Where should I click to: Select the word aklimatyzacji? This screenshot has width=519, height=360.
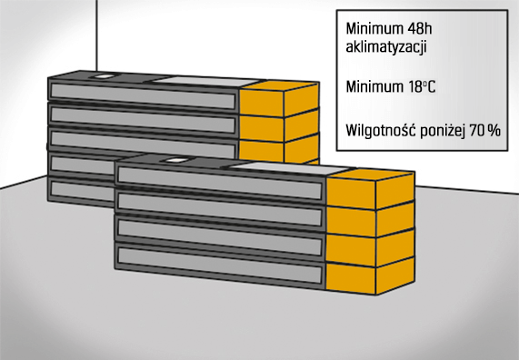(383, 45)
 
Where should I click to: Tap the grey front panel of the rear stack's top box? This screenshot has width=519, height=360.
(142, 93)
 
